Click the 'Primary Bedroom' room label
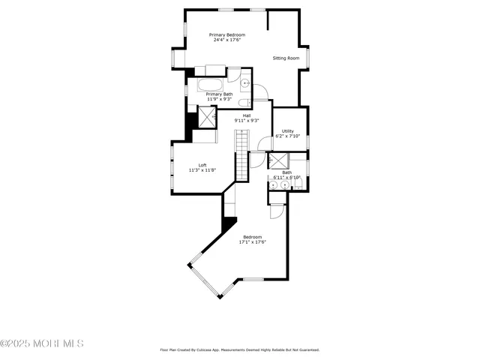click(x=226, y=35)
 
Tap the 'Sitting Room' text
click(x=285, y=58)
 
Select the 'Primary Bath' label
click(x=220, y=94)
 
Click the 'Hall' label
click(x=246, y=115)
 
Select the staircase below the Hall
click(x=241, y=154)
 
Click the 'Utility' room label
click(x=288, y=131)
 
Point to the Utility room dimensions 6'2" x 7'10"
click(x=288, y=136)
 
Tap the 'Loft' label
click(x=202, y=165)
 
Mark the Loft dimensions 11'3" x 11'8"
click(x=202, y=170)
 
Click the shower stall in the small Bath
click(x=278, y=160)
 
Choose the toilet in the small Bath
click(x=298, y=184)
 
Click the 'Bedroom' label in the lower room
click(x=252, y=237)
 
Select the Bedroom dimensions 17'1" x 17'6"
click(x=252, y=242)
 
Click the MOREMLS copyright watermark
click(x=42, y=344)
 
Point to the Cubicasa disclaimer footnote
click(x=240, y=349)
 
